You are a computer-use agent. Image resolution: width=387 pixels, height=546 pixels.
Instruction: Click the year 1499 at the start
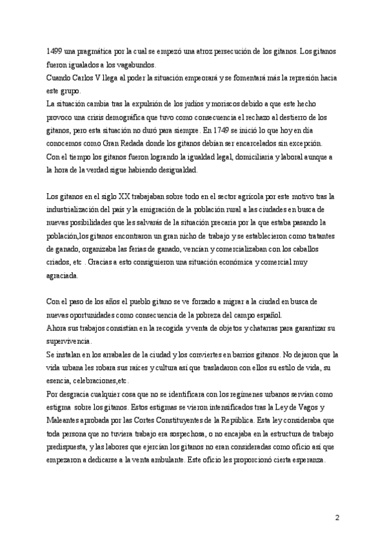55,51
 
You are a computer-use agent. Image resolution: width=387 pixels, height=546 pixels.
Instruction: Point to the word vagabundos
133,64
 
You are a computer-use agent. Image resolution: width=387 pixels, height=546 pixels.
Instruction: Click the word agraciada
63,277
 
